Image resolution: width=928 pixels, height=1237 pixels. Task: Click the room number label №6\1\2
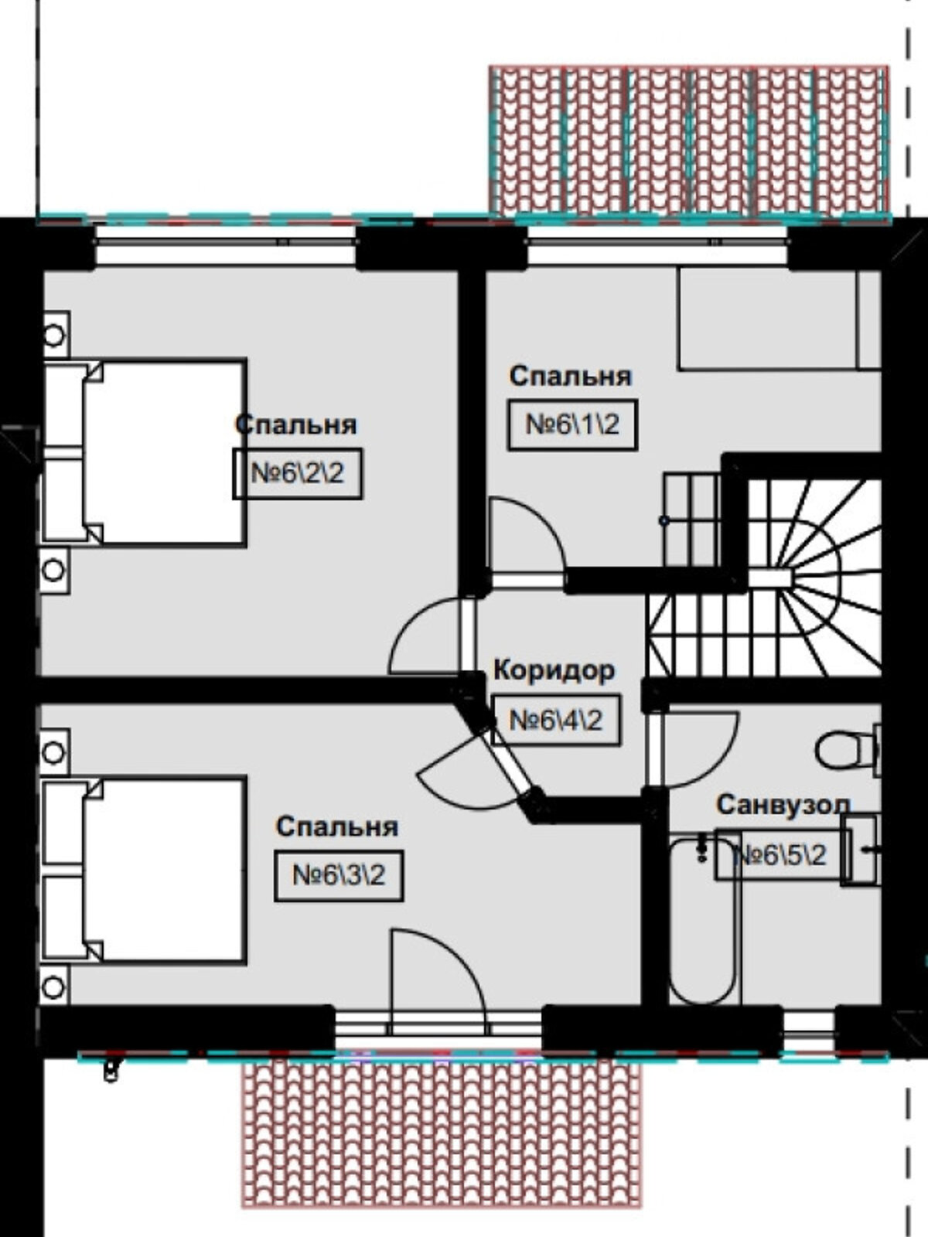[x=572, y=425]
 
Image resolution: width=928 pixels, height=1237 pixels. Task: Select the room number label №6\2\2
[x=298, y=474]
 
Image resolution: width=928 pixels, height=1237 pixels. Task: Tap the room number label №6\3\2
[x=339, y=876]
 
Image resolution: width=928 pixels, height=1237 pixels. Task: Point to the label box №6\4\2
[x=556, y=721]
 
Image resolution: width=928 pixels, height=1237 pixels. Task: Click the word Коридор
[x=554, y=671]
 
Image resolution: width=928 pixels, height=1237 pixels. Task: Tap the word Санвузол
[x=783, y=806]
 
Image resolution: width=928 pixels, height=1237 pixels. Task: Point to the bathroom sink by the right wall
[x=861, y=850]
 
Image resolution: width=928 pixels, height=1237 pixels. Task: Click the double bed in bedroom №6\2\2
[x=145, y=452]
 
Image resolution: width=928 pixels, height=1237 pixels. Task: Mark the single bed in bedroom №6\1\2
[x=780, y=319]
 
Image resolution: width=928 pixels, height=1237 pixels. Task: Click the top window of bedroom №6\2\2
[x=226, y=244]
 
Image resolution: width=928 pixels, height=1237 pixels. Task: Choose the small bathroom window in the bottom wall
[x=809, y=1027]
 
